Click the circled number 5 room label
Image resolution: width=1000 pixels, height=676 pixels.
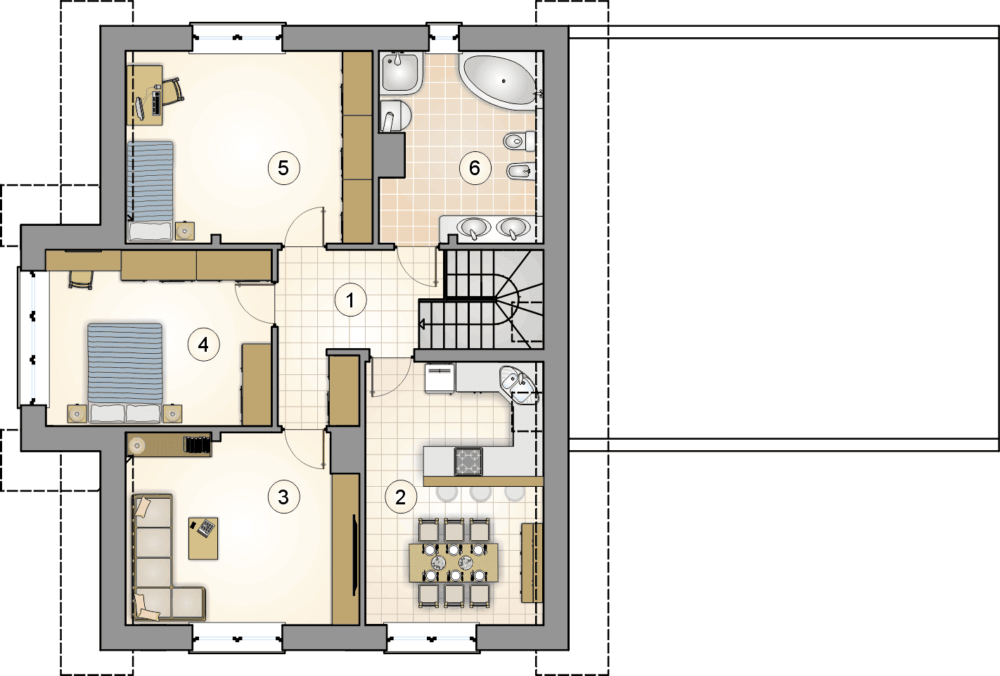283,168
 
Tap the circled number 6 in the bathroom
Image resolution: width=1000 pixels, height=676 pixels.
475,168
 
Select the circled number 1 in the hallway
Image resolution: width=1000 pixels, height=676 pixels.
350,300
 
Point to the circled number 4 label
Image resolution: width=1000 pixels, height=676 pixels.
203,344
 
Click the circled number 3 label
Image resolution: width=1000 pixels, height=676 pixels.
283,497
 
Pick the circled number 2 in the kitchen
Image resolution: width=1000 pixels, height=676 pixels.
400,497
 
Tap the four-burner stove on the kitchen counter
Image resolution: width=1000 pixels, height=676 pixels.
468,461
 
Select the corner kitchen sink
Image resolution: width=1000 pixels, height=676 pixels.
519,385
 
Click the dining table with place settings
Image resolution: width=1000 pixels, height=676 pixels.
454,562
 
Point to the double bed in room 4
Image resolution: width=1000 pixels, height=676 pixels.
125,373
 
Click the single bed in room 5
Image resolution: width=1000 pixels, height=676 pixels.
150,191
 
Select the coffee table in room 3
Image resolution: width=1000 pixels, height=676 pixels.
203,538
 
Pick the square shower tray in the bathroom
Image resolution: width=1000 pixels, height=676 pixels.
401,74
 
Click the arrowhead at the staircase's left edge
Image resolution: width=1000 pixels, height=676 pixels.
421,324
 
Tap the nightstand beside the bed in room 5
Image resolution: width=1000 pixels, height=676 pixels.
185,231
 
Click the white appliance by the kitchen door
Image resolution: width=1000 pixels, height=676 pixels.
440,378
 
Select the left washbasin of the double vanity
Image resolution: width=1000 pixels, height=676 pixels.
473,227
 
